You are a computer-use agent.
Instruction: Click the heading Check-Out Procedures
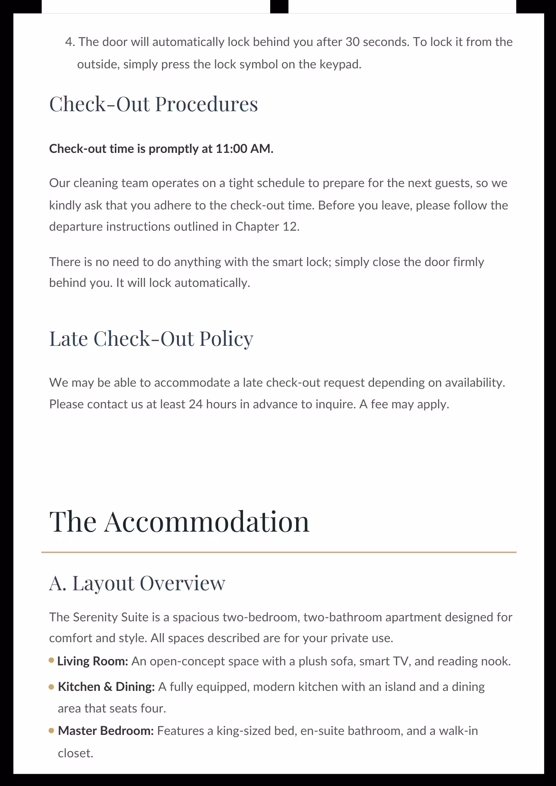[153, 105]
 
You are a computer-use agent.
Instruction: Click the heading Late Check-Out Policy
[151, 339]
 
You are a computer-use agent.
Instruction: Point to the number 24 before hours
[195, 404]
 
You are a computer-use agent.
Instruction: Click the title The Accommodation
[179, 522]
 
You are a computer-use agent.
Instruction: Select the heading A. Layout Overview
[137, 583]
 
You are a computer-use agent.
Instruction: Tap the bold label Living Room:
[93, 661]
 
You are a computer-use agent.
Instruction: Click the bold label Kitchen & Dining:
[106, 687]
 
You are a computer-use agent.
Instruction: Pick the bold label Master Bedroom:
[106, 731]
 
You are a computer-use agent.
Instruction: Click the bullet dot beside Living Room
[52, 661]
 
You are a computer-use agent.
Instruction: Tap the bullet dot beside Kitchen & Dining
[52, 687]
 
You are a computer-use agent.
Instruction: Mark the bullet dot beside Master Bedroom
[52, 731]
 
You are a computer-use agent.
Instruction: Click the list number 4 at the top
[69, 42]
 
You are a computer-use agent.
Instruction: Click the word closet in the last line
[75, 753]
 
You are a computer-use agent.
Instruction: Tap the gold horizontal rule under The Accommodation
[278, 552]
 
